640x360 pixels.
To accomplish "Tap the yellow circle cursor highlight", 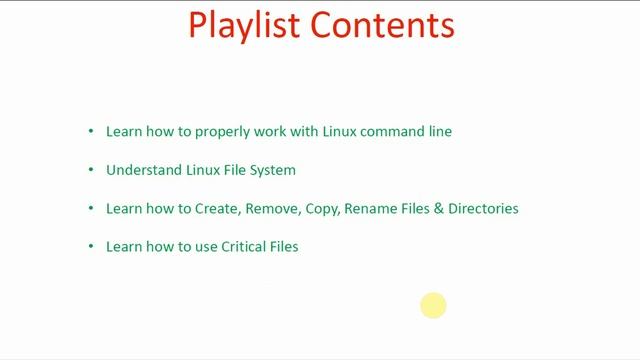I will click(x=433, y=305).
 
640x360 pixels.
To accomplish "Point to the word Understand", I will click(x=144, y=170).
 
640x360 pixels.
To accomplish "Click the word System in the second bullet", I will click(x=274, y=170).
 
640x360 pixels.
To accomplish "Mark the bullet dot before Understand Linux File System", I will click(x=91, y=170).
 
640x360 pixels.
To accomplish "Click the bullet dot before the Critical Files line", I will click(x=91, y=246).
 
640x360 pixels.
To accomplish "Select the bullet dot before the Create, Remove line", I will click(x=91, y=208).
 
